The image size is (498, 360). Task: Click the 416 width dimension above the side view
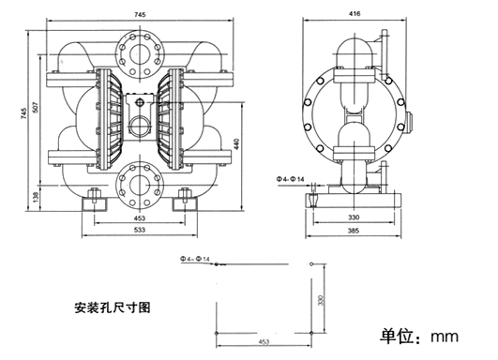click(355, 14)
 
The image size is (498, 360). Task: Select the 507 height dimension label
click(36, 107)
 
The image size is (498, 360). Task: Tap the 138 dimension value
click(36, 197)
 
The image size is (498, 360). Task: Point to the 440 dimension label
click(237, 143)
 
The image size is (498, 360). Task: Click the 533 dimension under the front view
click(139, 229)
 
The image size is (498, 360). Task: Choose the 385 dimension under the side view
click(355, 229)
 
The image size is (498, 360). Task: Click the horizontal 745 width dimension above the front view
click(139, 14)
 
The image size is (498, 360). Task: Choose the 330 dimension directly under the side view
click(355, 217)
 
